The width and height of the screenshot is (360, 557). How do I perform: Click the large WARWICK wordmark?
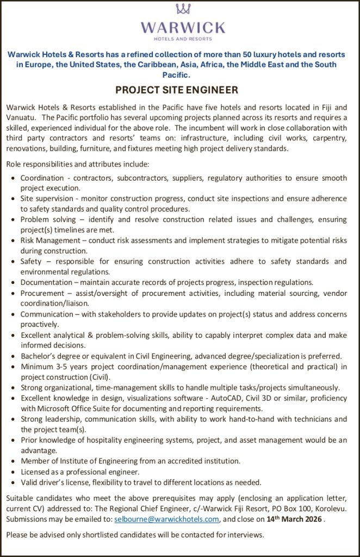[x=183, y=28]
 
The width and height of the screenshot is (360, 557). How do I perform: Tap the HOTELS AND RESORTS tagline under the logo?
[x=183, y=40]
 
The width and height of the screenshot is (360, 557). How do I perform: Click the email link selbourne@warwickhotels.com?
[x=167, y=519]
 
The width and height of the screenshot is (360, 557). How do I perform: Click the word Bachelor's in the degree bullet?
[x=38, y=356]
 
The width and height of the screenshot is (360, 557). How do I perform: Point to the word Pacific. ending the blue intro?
[x=180, y=74]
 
